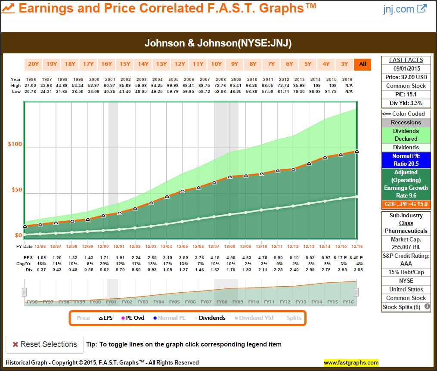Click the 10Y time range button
tap(216, 64)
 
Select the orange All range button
tap(363, 64)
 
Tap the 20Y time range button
tap(33, 64)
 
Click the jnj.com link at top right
tap(404, 9)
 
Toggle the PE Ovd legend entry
tap(133, 318)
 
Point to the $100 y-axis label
tap(15, 144)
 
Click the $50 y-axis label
tap(15, 190)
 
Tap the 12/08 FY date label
tap(229, 246)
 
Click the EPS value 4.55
tap(229, 257)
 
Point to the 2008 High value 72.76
tap(229, 85)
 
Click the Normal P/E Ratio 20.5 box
tap(406, 160)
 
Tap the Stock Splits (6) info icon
tap(427, 307)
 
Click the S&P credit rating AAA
tap(406, 263)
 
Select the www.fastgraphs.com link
tap(351, 362)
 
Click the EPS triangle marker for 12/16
tap(356, 151)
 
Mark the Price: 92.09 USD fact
tap(406, 77)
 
